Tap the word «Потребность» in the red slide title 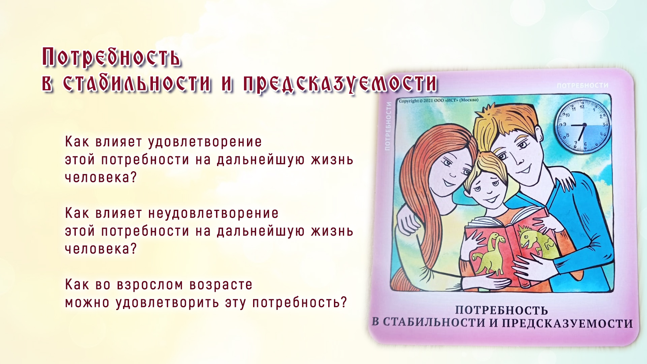pyautogui.click(x=112, y=57)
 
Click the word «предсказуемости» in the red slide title pyautogui.click(x=340, y=83)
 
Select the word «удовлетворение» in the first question pyautogui.click(x=205, y=142)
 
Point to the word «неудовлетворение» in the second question pyautogui.click(x=213, y=214)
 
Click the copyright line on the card pyautogui.click(x=438, y=100)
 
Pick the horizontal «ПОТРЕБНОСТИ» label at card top pyautogui.click(x=583, y=86)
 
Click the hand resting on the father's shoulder pyautogui.click(x=561, y=182)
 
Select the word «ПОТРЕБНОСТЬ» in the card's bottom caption pyautogui.click(x=501, y=310)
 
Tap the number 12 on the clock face pyautogui.click(x=582, y=107)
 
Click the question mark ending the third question pyautogui.click(x=343, y=302)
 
